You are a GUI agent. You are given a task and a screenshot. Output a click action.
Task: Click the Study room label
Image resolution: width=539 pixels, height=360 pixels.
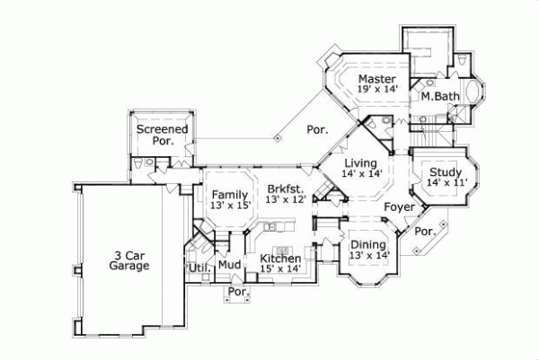click(x=446, y=172)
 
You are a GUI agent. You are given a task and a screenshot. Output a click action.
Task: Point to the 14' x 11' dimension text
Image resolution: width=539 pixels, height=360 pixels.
click(x=446, y=184)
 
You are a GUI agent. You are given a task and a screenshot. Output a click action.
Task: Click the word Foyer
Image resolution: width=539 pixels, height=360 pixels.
click(x=400, y=207)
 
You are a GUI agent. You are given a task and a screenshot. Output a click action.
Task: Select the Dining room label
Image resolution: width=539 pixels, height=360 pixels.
click(x=368, y=243)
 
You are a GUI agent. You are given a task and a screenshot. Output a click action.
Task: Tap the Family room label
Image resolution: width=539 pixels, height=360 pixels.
click(x=230, y=194)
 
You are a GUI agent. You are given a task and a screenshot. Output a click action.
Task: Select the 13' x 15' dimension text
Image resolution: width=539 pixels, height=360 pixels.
click(x=230, y=206)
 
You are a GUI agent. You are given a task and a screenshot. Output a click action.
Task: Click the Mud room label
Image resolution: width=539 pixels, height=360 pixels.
click(x=229, y=266)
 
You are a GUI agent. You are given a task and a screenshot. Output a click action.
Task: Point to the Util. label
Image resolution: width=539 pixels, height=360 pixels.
click(x=198, y=268)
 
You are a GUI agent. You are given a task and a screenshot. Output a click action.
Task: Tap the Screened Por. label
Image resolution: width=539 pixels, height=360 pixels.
click(x=162, y=135)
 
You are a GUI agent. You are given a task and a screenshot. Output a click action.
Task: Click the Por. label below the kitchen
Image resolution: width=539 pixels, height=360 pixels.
click(x=238, y=293)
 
